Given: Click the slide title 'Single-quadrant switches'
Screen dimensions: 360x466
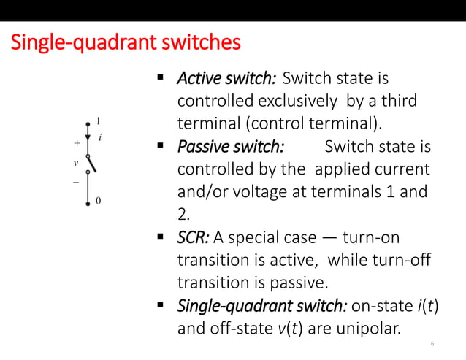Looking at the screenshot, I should [125, 43].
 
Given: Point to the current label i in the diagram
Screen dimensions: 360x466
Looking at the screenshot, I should [99, 137].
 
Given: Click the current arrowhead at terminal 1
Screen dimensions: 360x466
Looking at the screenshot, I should [88, 136].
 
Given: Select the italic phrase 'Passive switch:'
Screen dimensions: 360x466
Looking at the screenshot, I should [230, 148].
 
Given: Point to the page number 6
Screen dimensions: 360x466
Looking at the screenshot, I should [433, 344].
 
